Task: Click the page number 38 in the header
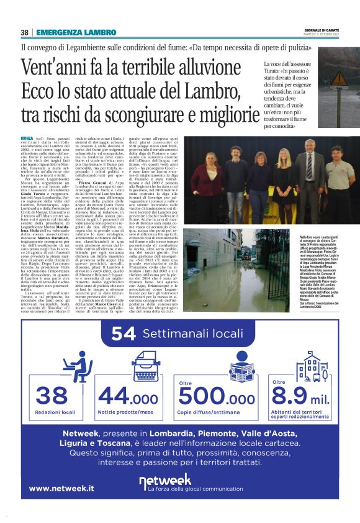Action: [x=25, y=32]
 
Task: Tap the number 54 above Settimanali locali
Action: [x=123, y=334]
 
